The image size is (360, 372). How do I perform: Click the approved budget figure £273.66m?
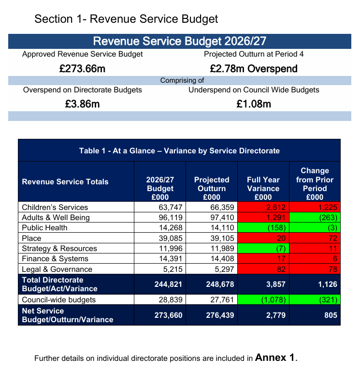(82, 69)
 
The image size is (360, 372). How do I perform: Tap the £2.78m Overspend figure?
(254, 69)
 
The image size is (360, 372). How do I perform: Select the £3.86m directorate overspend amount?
(82, 104)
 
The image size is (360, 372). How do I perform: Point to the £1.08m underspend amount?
(254, 104)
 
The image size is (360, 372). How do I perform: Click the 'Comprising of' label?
(182, 80)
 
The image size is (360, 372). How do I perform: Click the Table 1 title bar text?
(179, 150)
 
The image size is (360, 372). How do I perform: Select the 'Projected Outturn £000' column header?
(212, 188)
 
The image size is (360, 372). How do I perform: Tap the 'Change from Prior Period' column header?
(315, 184)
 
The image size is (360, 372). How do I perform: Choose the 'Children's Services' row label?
(55, 207)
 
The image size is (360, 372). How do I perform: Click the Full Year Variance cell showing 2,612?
(263, 207)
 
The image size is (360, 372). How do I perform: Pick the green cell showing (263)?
(315, 217)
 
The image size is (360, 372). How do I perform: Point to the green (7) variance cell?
(263, 248)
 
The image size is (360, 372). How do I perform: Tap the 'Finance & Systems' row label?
(55, 259)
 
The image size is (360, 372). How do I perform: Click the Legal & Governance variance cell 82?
(263, 269)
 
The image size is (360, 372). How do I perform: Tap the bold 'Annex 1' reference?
(275, 357)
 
